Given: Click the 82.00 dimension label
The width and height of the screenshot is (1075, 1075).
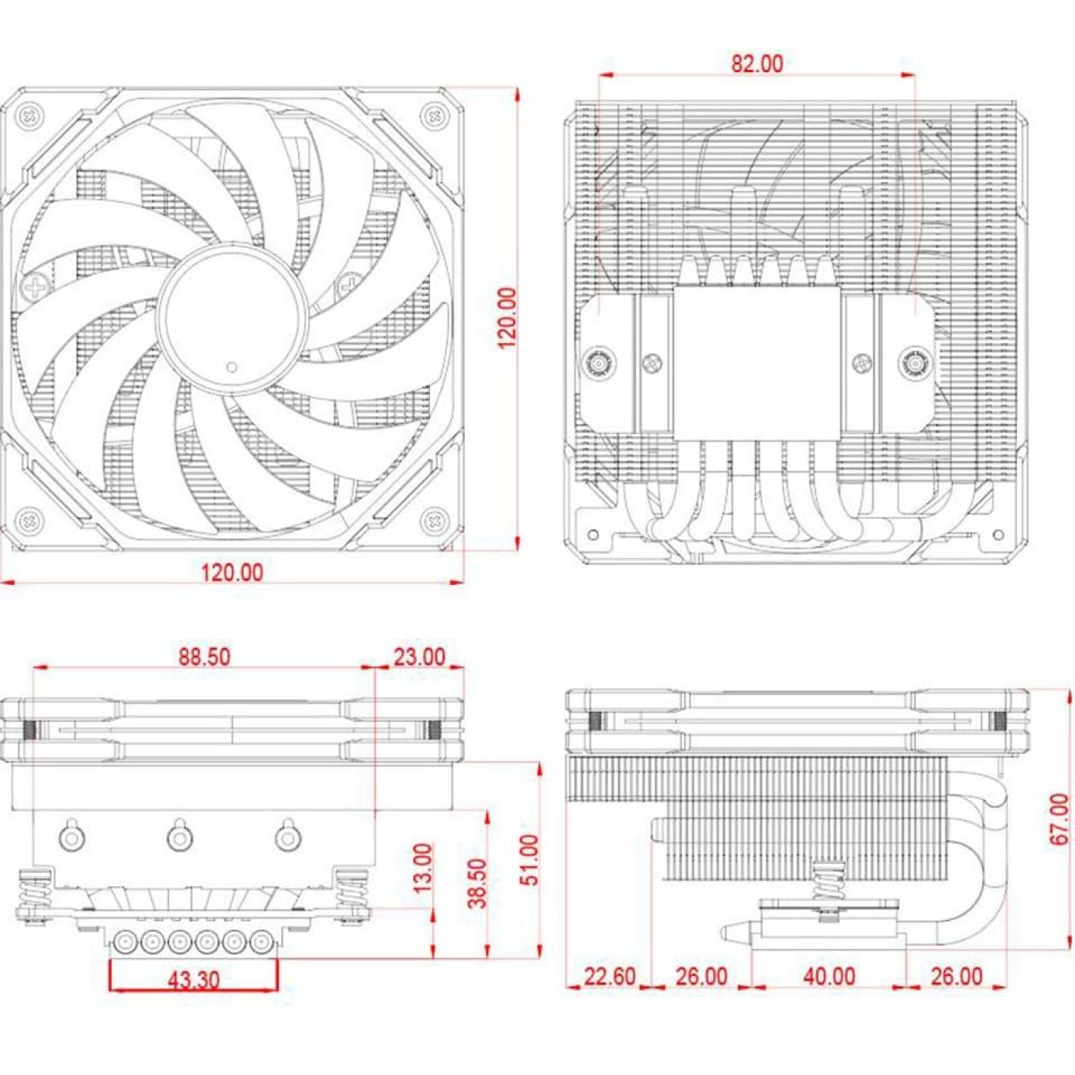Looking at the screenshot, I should [x=756, y=64].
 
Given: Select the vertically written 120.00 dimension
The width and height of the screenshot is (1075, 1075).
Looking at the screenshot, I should [x=507, y=318].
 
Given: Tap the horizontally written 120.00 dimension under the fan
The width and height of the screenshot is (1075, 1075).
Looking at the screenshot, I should [x=232, y=573].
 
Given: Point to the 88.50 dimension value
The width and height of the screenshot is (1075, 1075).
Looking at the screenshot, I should [x=204, y=657].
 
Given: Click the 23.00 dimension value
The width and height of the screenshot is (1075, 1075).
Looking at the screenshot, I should [x=419, y=657].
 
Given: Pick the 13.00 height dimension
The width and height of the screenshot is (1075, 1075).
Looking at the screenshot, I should [x=423, y=868].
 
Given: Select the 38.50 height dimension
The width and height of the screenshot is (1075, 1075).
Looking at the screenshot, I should [x=477, y=883].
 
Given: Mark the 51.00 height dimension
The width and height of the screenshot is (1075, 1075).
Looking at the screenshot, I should [x=530, y=860].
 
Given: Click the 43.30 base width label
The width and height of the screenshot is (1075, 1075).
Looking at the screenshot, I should [x=193, y=980].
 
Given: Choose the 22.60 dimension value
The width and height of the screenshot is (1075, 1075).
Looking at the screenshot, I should [x=610, y=977].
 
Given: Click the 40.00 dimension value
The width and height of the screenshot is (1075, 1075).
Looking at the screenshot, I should [x=829, y=977].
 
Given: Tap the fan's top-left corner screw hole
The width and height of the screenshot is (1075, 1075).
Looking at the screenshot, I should [x=29, y=117].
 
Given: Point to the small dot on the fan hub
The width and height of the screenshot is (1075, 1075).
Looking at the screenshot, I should [x=232, y=368].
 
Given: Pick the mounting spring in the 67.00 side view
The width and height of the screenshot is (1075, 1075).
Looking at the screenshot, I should [x=827, y=881].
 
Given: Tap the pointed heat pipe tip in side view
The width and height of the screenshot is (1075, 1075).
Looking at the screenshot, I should [x=729, y=932].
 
